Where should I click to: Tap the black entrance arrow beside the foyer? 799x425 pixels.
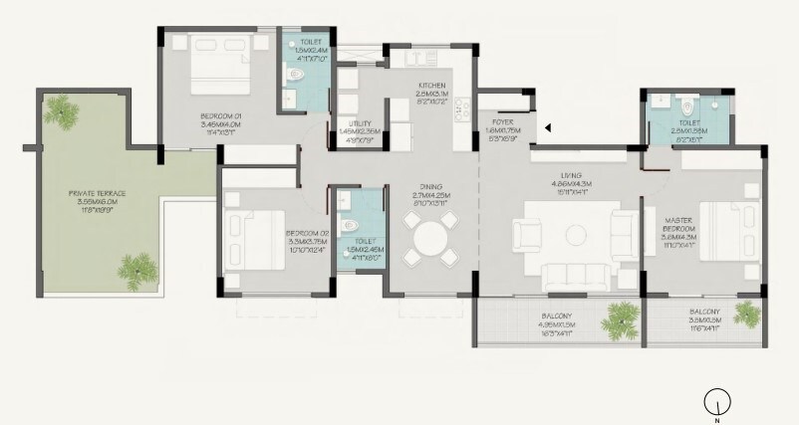coord(547,126)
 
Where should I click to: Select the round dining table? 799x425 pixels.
coord(430,241)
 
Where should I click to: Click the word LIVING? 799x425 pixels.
coord(571,174)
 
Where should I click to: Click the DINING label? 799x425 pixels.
coord(430,186)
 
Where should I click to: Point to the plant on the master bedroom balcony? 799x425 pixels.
coord(746,315)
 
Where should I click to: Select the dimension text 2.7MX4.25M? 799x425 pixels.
coord(430,195)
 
